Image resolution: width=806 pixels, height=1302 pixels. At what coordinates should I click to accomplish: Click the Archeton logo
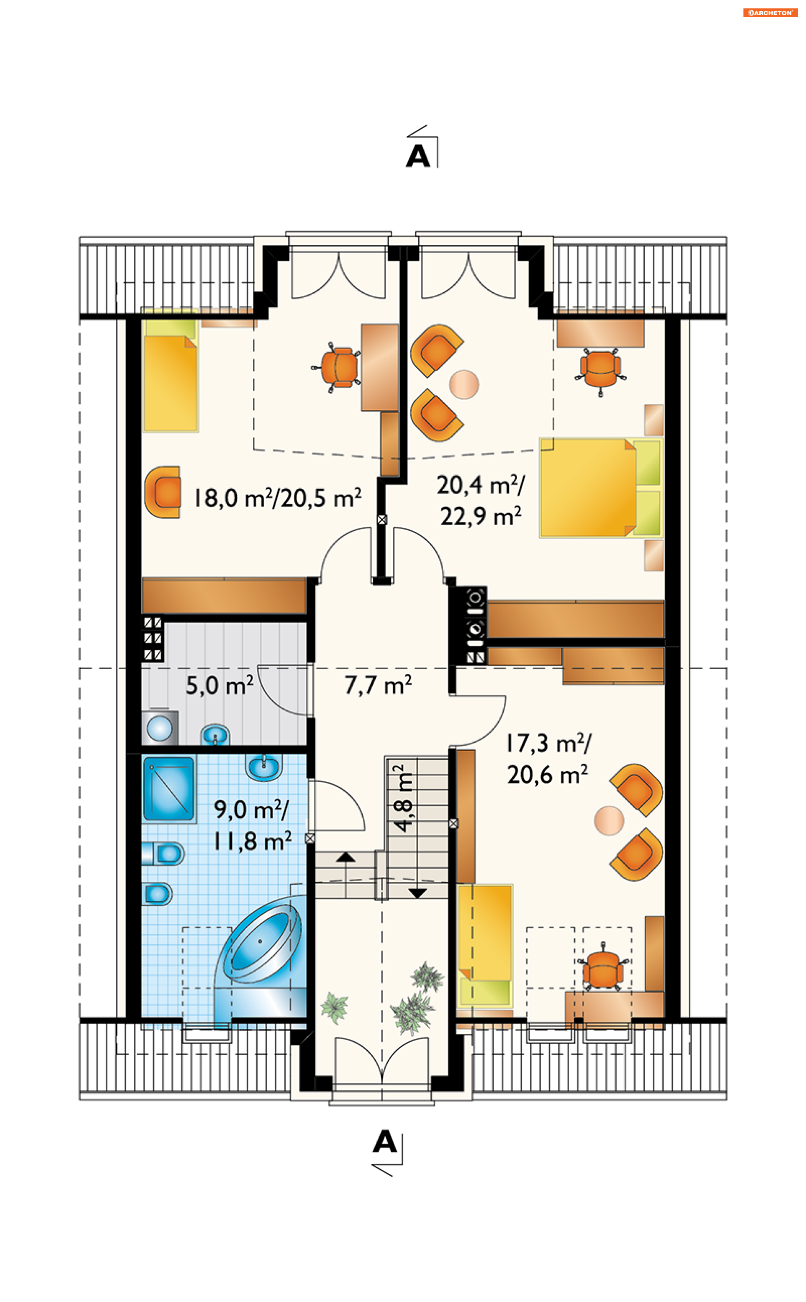pyautogui.click(x=770, y=13)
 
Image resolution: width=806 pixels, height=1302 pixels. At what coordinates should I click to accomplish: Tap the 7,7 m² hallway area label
pyautogui.click(x=378, y=685)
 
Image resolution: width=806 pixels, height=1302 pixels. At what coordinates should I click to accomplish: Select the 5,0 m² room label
pyautogui.click(x=219, y=685)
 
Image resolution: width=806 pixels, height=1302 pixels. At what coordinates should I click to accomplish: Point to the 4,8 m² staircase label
pyautogui.click(x=403, y=798)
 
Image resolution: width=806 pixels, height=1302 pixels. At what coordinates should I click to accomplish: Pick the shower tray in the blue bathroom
pyautogui.click(x=168, y=789)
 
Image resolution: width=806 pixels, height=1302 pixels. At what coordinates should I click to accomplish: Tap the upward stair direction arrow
pyautogui.click(x=345, y=857)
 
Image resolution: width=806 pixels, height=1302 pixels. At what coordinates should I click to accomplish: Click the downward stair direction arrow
pyautogui.click(x=417, y=893)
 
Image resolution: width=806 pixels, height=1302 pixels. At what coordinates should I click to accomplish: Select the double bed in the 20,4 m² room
pyautogui.click(x=601, y=488)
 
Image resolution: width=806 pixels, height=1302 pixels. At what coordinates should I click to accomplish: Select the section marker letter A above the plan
pyautogui.click(x=418, y=156)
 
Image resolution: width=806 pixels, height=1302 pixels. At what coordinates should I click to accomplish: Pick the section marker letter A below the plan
pyautogui.click(x=385, y=1142)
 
